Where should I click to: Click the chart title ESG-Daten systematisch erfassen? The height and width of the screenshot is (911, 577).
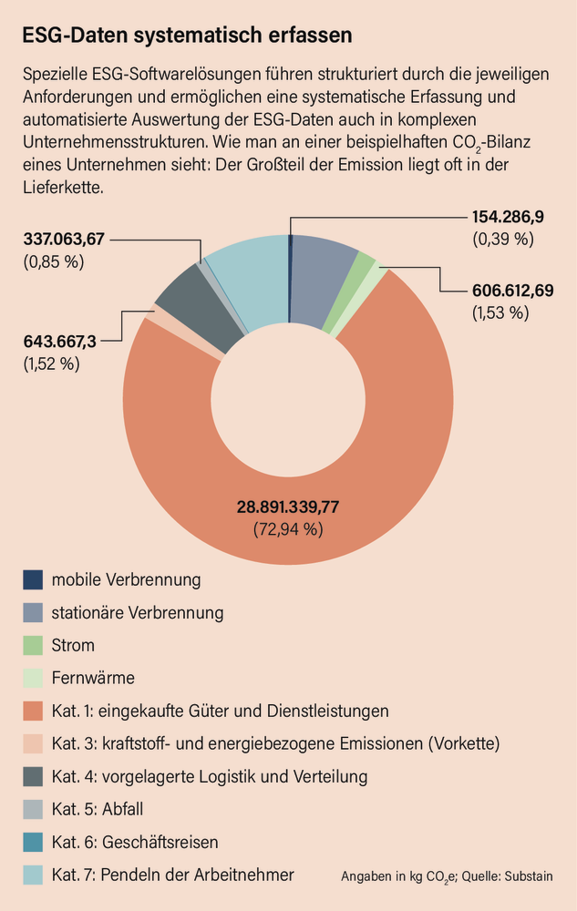pos(187,36)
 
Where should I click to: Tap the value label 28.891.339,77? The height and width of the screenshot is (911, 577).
pos(288,507)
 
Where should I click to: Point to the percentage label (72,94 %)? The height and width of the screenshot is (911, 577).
pos(288,527)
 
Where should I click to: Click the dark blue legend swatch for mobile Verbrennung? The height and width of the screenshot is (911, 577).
pos(33,579)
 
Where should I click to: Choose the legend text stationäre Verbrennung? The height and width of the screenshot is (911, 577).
pos(137,612)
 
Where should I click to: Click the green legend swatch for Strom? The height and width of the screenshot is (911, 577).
pos(33,645)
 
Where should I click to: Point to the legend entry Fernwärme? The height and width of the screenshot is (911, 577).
pos(93,678)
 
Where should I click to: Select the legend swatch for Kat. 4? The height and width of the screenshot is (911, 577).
pos(33,776)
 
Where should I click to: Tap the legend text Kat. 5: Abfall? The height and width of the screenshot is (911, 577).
pos(98,809)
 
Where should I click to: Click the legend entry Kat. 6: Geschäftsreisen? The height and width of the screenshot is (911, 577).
pos(135,842)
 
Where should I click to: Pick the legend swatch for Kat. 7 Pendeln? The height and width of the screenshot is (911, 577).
pos(33,875)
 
